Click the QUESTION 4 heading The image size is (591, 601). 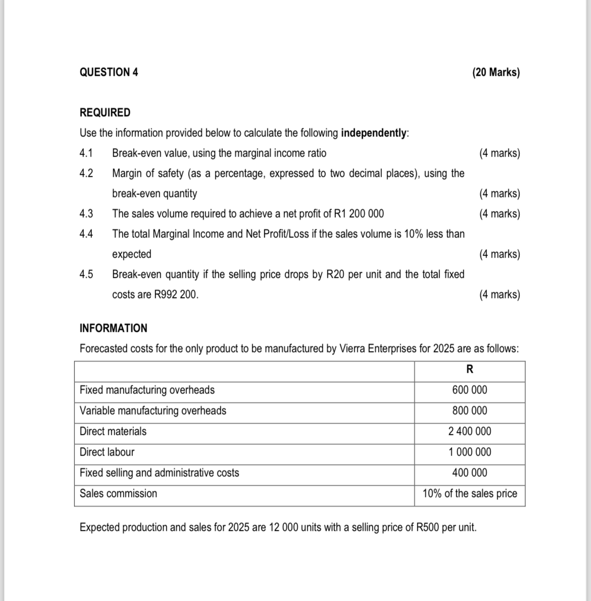(109, 72)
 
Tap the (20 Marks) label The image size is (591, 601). (496, 72)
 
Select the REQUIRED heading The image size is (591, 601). (105, 113)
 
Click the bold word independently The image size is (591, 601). (374, 133)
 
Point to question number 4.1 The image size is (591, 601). (86, 153)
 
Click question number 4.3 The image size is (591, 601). (86, 214)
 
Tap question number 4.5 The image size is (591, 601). (86, 274)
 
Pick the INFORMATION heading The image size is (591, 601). (114, 328)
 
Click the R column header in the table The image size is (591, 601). (469, 370)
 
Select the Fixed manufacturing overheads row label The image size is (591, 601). (147, 390)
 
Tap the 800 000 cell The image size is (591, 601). (470, 411)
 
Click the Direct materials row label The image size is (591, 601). (113, 431)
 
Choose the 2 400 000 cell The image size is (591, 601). (470, 431)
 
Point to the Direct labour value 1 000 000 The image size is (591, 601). (470, 452)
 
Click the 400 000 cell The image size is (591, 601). (470, 473)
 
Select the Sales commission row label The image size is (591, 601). (118, 493)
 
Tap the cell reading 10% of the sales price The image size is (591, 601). (470, 493)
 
